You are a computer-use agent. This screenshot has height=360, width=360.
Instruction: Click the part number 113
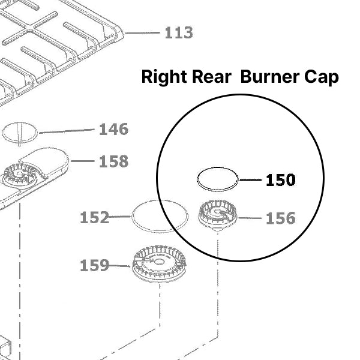[x=179, y=32]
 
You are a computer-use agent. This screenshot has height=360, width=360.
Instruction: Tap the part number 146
[x=113, y=129]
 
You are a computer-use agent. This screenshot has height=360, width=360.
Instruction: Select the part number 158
[x=113, y=161]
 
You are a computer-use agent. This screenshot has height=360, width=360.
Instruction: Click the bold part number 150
[x=280, y=180]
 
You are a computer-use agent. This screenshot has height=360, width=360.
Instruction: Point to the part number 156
[x=281, y=218]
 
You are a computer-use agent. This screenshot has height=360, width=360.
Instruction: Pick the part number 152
[x=95, y=218]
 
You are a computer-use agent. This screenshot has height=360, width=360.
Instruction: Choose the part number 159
[x=95, y=265]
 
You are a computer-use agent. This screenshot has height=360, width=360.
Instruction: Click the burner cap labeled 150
[x=218, y=179]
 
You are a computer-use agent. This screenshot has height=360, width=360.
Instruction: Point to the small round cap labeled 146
[x=20, y=133]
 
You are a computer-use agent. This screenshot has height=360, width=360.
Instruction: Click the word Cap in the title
[x=322, y=77]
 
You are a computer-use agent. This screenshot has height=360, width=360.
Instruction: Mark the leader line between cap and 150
[x=250, y=179]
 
